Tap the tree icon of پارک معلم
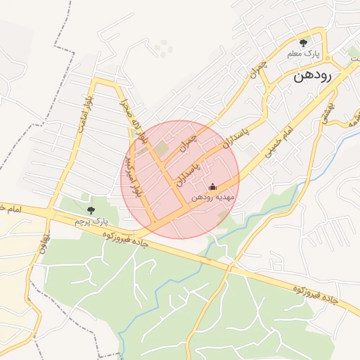tap(303, 43)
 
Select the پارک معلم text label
tap(303, 54)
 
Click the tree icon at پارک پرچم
tap(90, 210)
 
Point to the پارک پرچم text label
tap(90, 220)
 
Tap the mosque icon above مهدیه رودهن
tap(213, 187)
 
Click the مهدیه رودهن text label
tap(213, 198)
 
